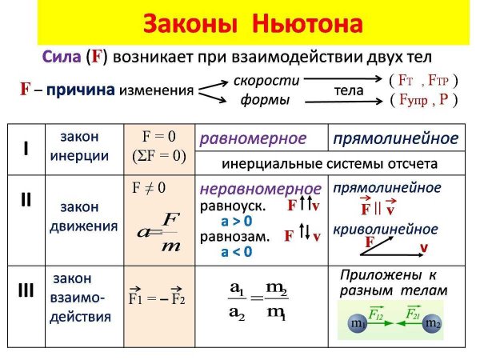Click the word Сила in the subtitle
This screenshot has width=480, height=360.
click(x=62, y=58)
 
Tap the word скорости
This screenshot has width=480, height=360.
click(x=266, y=81)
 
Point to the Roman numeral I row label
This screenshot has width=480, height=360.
click(x=26, y=149)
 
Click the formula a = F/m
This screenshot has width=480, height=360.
click(x=158, y=232)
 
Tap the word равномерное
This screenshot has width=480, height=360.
click(x=253, y=138)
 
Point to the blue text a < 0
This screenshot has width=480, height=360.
click(x=237, y=251)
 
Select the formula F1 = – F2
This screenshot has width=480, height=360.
click(x=157, y=300)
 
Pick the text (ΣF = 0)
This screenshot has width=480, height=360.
click(x=158, y=156)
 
